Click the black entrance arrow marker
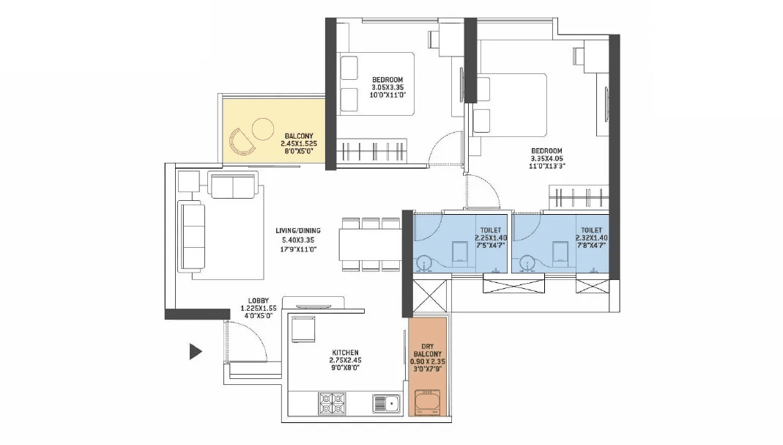tap(195, 352)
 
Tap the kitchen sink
tap(385, 402)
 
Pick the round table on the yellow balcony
tap(261, 130)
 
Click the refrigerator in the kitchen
tap(303, 328)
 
